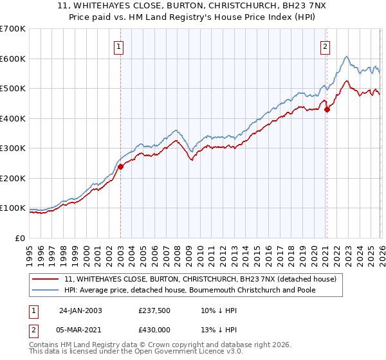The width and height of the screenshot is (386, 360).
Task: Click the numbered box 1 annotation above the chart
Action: [120, 46]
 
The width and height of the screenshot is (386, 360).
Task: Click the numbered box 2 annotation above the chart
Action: [326, 46]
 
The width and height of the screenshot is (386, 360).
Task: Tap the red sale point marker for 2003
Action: [120, 167]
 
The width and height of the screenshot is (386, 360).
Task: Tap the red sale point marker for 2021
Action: [327, 109]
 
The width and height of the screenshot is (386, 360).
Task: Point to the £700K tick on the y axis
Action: [13, 29]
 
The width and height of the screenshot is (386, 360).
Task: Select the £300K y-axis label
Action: [13, 148]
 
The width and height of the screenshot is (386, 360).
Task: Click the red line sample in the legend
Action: [46, 280]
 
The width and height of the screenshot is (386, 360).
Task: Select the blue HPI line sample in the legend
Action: [46, 290]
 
